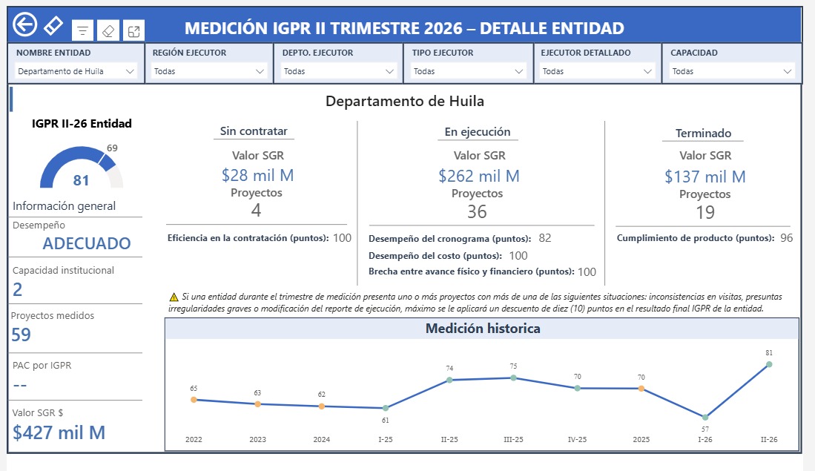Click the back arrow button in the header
click(x=25, y=24)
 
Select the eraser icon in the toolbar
click(x=108, y=31)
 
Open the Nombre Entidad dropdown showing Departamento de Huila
click(x=76, y=71)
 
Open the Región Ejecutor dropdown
click(x=209, y=71)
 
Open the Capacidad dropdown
click(x=732, y=71)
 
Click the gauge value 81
click(x=81, y=180)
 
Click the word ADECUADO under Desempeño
click(x=87, y=243)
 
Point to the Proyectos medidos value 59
click(x=22, y=335)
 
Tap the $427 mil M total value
click(x=59, y=432)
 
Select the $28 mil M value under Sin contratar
click(x=258, y=175)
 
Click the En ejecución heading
click(x=478, y=132)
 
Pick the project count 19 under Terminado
click(x=705, y=213)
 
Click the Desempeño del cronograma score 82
click(x=545, y=238)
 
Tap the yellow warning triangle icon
click(x=174, y=297)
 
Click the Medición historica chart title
click(x=483, y=329)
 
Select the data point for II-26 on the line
click(x=769, y=364)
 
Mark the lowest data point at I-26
click(x=705, y=418)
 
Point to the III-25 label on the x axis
click(x=513, y=439)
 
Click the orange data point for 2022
click(x=194, y=400)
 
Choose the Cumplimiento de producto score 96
click(x=786, y=238)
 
